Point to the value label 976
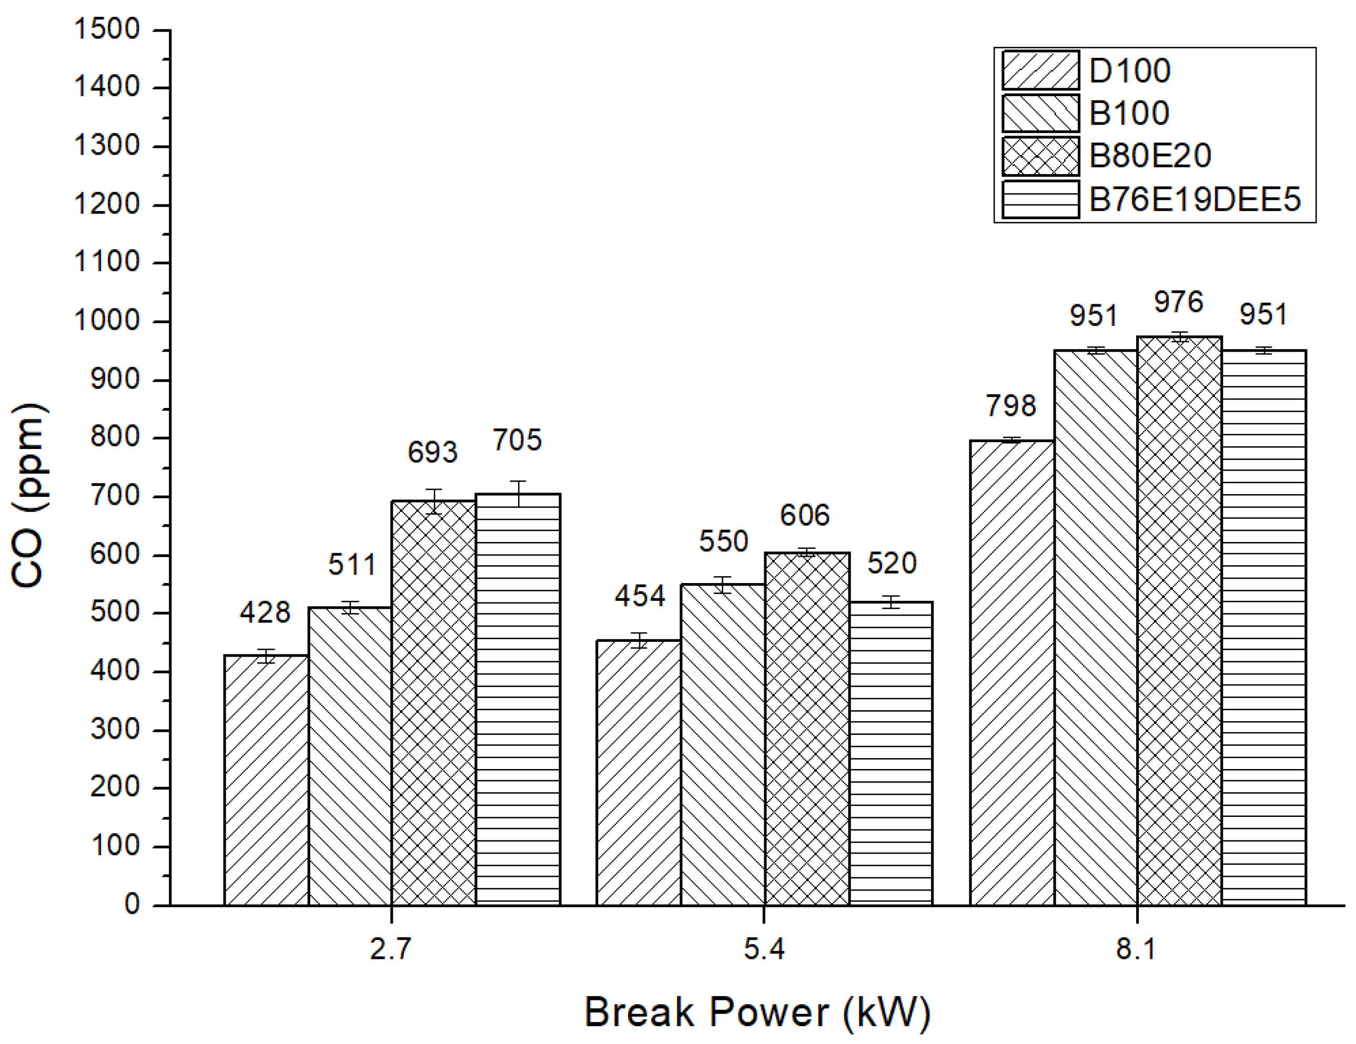(1178, 302)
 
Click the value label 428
(265, 613)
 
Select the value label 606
(805, 515)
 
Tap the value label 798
(1011, 406)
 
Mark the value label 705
(517, 440)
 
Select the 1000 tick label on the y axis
(107, 321)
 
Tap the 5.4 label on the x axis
(764, 949)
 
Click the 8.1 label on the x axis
(1136, 949)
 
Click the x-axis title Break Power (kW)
(757, 1012)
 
